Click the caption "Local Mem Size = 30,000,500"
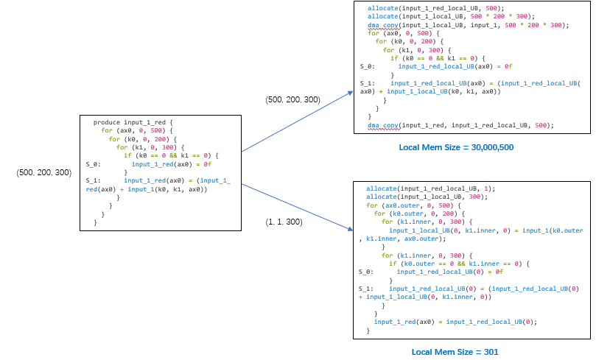(x=456, y=147)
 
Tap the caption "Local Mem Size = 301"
(x=455, y=352)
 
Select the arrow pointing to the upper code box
(x=298, y=121)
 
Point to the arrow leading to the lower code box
(x=298, y=208)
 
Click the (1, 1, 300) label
(x=284, y=222)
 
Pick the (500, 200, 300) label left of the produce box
(x=44, y=172)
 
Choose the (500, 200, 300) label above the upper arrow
(x=292, y=99)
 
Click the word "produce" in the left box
(x=107, y=122)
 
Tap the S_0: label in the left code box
(x=93, y=164)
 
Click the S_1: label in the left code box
(x=93, y=181)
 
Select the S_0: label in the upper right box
(x=368, y=66)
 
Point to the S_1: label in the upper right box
(x=368, y=83)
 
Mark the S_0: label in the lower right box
(x=366, y=272)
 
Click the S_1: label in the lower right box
(x=366, y=289)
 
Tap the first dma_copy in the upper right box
(x=383, y=25)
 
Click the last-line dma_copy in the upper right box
(x=383, y=125)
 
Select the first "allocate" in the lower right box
(x=381, y=188)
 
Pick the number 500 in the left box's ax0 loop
(x=156, y=130)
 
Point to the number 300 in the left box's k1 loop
(x=168, y=147)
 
